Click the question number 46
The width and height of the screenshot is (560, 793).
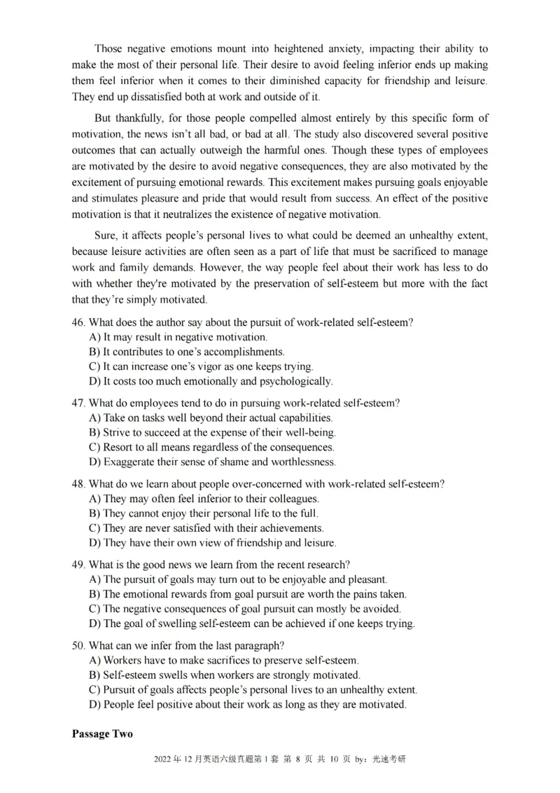click(x=78, y=322)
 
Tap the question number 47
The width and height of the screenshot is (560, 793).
click(x=78, y=404)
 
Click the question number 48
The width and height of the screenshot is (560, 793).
click(x=78, y=484)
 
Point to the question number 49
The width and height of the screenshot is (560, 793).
click(x=78, y=565)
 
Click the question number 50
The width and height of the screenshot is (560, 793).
click(x=78, y=645)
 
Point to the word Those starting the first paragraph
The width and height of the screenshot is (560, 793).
click(x=109, y=49)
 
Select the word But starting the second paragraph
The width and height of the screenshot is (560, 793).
click(x=104, y=118)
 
